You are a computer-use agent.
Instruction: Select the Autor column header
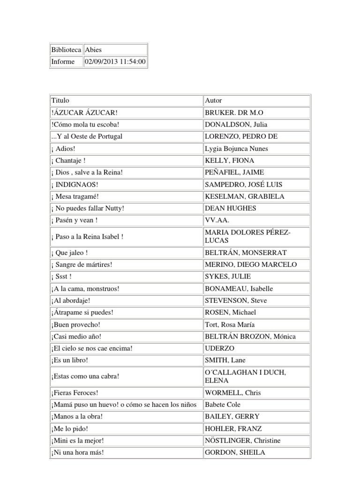pos(214,100)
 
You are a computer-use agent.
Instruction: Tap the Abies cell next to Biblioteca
pos(93,50)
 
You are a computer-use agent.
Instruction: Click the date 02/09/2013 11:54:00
pos(115,62)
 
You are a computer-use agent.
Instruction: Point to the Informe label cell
pos(64,62)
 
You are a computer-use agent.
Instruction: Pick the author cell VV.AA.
pos(216,220)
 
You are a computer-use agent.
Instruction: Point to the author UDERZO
pos(219,348)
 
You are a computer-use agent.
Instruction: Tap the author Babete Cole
pos(223,404)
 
